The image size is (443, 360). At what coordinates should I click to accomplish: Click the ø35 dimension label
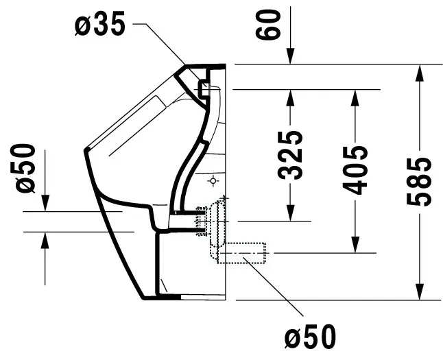pyautogui.click(x=99, y=24)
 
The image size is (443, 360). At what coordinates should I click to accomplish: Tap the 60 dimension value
pyautogui.click(x=268, y=24)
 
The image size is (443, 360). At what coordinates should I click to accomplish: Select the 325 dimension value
pyautogui.click(x=290, y=155)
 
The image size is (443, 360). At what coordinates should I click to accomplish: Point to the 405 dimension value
pyautogui.click(x=355, y=170)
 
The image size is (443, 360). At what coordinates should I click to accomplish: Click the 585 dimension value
pyautogui.click(x=419, y=182)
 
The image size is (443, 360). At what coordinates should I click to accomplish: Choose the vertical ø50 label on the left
pyautogui.click(x=26, y=169)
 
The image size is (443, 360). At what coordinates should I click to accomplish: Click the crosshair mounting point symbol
pyautogui.click(x=213, y=180)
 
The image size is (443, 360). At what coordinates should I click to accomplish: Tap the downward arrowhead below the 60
pyautogui.click(x=291, y=56)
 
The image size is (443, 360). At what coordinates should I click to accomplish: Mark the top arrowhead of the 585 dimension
pyautogui.click(x=420, y=73)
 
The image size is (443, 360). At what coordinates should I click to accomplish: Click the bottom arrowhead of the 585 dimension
pyautogui.click(x=420, y=291)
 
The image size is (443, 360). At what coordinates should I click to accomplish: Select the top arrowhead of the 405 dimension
pyautogui.click(x=355, y=98)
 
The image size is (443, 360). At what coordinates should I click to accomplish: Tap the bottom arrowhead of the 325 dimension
pyautogui.click(x=291, y=213)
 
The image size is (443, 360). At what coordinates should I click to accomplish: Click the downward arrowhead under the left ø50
pyautogui.click(x=45, y=203)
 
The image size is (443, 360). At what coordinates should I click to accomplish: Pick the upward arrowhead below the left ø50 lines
pyautogui.click(x=45, y=241)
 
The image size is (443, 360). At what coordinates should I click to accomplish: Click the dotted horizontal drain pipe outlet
pyautogui.click(x=241, y=253)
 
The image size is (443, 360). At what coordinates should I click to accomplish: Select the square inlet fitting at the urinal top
pyautogui.click(x=204, y=89)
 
